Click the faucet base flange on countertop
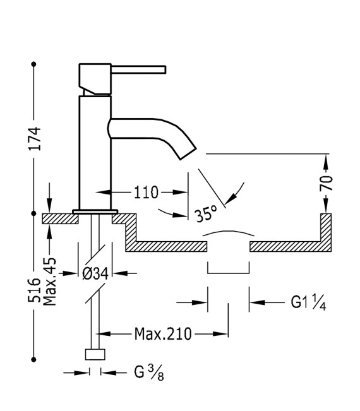click(x=95, y=211)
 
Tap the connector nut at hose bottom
click(x=95, y=355)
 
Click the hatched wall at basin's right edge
click(x=326, y=231)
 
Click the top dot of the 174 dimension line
click(x=34, y=64)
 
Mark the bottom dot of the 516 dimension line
click(x=34, y=360)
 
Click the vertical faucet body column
click(x=95, y=152)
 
